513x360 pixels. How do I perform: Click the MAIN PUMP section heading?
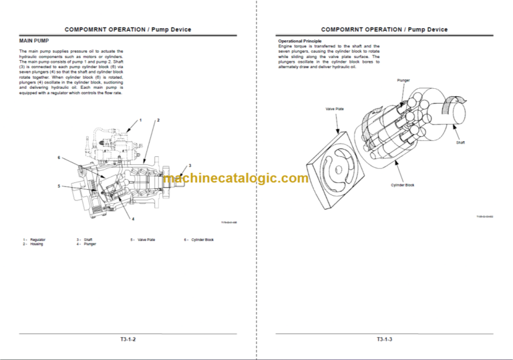pos(33,41)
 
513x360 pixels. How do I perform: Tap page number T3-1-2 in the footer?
pos(127,340)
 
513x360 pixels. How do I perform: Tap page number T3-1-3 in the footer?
pos(384,340)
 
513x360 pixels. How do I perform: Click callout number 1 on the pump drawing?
pos(140,120)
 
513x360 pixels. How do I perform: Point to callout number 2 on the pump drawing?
pos(158,120)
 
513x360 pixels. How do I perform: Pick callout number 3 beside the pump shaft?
pos(189,165)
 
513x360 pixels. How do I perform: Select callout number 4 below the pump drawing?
pos(132,219)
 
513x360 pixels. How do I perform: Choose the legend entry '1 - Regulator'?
pos(34,239)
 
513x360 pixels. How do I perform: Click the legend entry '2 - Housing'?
pos(33,244)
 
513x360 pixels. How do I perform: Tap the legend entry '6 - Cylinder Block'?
pos(199,239)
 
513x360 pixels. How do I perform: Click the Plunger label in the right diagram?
pos(403,80)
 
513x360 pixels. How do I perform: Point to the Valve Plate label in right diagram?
pos(335,108)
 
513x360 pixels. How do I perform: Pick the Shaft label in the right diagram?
pos(460,142)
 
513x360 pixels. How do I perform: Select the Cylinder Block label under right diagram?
pos(402,185)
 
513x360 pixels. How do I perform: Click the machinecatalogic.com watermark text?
pos(235,178)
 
